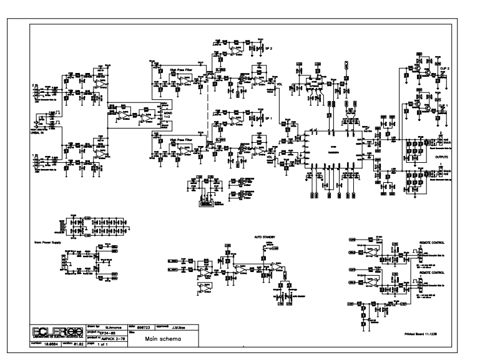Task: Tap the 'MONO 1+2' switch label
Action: pyautogui.click(x=167, y=113)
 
